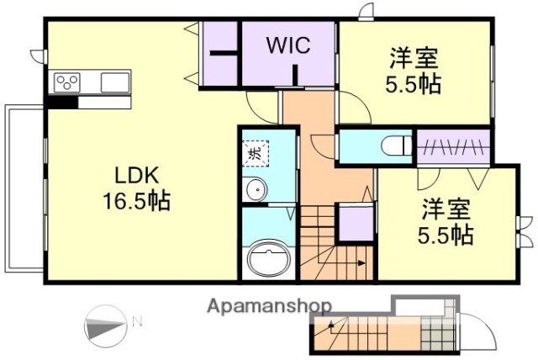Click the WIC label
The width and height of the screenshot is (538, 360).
[x=288, y=46]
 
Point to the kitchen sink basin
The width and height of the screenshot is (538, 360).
[x=115, y=82]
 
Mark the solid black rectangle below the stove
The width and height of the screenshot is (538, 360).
[x=63, y=103]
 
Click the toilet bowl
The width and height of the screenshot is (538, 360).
[x=395, y=146]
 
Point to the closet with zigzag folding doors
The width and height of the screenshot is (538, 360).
[x=453, y=147]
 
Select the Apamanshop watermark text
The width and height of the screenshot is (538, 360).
[x=269, y=305]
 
